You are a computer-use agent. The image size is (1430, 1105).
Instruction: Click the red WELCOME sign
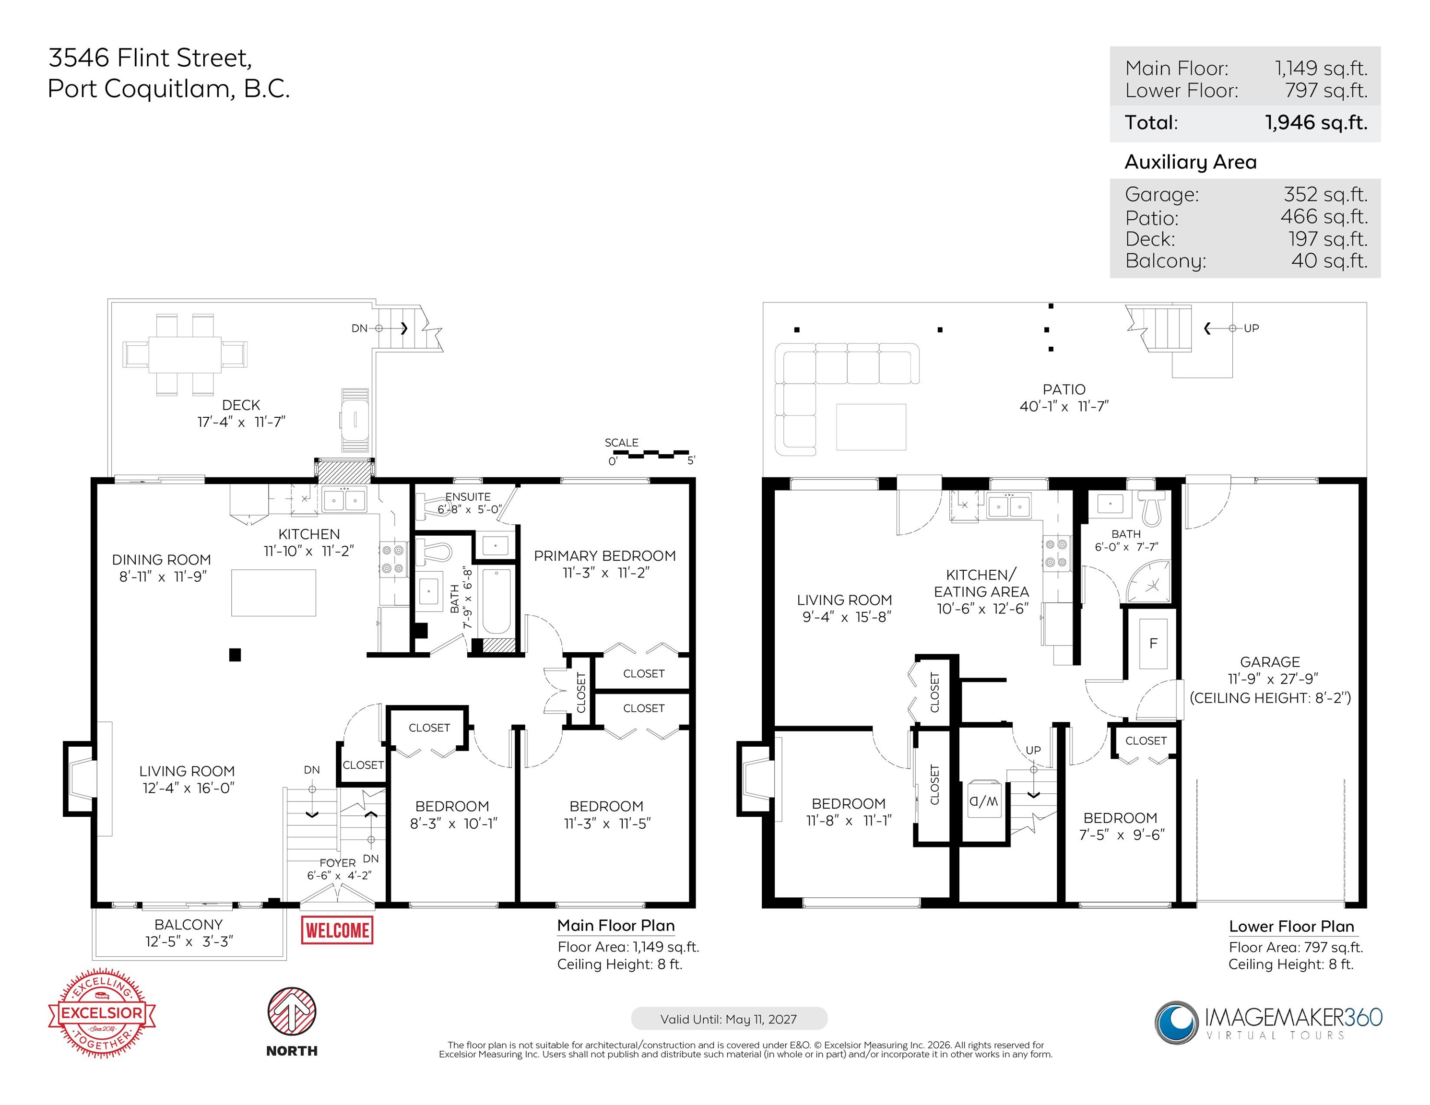tap(337, 930)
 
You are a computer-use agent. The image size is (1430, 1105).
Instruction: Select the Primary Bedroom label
tap(605, 556)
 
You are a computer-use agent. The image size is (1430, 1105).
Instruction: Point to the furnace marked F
tap(1153, 644)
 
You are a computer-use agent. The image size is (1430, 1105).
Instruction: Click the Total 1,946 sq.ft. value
tap(1316, 122)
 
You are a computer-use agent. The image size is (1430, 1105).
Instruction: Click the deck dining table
tap(185, 354)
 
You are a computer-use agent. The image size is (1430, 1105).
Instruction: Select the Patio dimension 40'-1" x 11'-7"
tap(1064, 407)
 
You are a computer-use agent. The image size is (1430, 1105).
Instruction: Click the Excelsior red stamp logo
tap(102, 1013)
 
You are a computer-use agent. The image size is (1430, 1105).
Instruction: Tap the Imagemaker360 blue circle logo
tap(1177, 1022)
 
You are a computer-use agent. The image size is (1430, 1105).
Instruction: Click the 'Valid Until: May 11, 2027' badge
tap(729, 1019)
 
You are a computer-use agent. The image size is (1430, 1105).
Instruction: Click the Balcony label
tap(189, 924)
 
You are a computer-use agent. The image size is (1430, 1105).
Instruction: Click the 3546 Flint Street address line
tap(150, 58)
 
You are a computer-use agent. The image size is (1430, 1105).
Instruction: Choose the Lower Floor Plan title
tap(1291, 926)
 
